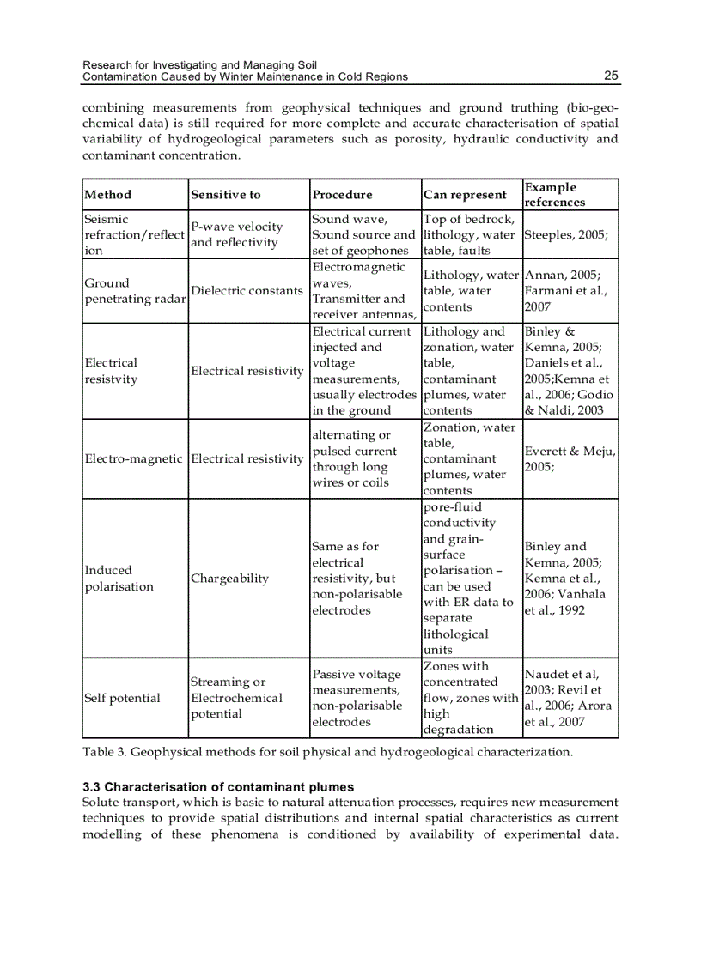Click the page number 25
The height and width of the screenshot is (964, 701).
coord(610,76)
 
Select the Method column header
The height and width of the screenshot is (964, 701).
coord(108,195)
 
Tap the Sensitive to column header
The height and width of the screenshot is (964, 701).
coord(225,195)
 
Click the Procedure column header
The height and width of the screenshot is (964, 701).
coord(342,195)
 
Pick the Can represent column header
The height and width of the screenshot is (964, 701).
coord(465,195)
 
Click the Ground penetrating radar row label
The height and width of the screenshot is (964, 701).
coord(134,291)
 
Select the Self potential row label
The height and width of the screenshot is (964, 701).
coord(122,698)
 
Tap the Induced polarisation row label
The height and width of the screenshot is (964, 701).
coord(119,579)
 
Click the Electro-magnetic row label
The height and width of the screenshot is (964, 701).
coord(134,459)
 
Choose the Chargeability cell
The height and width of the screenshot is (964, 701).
coord(229,579)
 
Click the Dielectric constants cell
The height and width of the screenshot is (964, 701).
coord(247,291)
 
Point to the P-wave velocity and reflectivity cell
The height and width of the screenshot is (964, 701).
coord(236,234)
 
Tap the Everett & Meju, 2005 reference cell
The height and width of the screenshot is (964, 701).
coord(570,459)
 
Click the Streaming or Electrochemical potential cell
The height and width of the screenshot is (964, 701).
coord(235,698)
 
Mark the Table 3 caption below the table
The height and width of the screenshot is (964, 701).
coord(327,752)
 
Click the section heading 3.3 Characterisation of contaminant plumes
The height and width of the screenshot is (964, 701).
coord(218,787)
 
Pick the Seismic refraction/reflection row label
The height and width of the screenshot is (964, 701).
coord(134,234)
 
